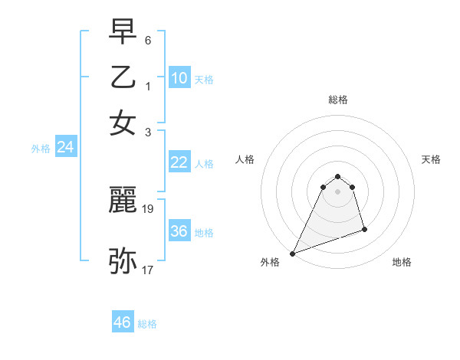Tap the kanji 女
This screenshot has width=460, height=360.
[x=123, y=123]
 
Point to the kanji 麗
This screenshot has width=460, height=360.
[x=123, y=200]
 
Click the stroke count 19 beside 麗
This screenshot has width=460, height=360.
[x=149, y=208]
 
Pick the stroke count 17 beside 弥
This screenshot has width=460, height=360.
[x=149, y=269]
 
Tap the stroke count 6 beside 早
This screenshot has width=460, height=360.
[x=148, y=38]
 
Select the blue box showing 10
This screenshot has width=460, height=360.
[x=179, y=77]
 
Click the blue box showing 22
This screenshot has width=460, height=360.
[x=179, y=162]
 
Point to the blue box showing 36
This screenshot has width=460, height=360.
[x=179, y=231]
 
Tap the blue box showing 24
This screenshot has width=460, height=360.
[x=65, y=147]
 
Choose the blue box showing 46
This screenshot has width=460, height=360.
[x=123, y=322]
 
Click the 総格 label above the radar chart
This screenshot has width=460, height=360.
[x=337, y=100]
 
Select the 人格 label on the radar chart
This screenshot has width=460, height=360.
[x=245, y=159]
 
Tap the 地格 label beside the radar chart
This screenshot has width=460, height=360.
[x=402, y=262]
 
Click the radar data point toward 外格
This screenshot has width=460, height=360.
[x=292, y=254]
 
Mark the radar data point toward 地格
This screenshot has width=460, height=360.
[x=364, y=229]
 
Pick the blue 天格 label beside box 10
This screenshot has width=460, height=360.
[x=204, y=79]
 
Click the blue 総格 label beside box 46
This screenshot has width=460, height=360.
[x=147, y=324]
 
